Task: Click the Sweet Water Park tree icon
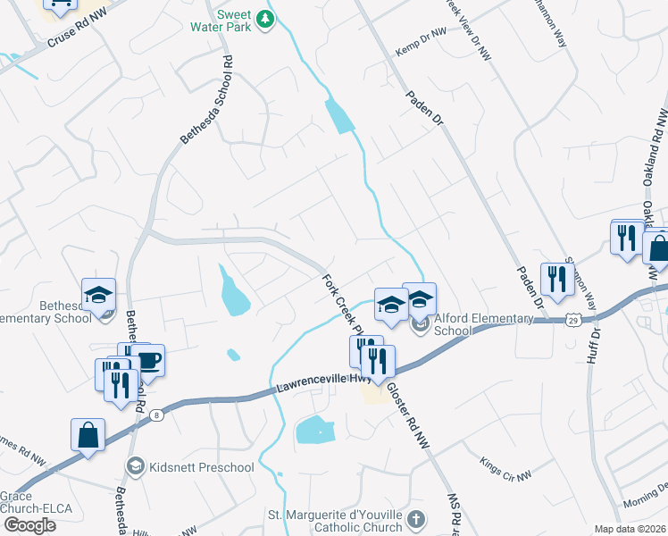point(264,19)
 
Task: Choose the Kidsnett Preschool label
point(200,466)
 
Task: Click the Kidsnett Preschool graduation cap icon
point(135,465)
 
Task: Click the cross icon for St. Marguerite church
point(414,519)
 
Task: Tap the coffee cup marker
point(147,360)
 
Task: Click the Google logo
point(29,525)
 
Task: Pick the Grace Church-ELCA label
point(18,503)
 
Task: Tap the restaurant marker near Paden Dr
point(557,278)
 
